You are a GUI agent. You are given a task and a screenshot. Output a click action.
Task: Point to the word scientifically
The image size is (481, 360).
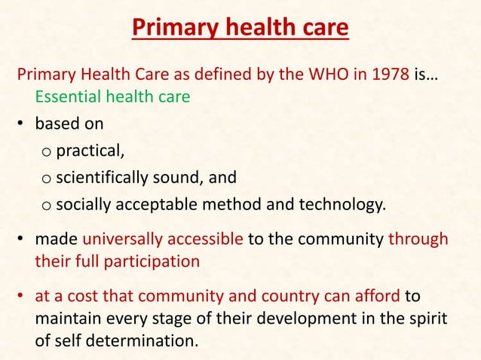point(106,178)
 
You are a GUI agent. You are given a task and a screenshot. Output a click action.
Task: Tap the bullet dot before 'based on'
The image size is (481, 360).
point(23,122)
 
